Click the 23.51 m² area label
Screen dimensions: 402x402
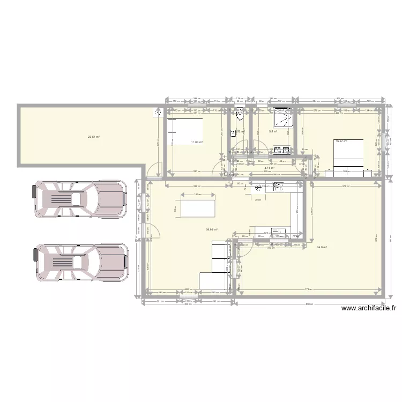click(94, 137)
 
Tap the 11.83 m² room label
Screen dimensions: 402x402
click(197, 142)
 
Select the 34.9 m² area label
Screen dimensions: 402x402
click(322, 247)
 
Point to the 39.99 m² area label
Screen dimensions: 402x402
click(211, 230)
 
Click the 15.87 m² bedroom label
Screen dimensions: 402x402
click(340, 141)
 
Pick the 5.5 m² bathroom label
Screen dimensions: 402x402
click(272, 131)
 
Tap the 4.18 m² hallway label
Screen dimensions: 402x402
click(269, 168)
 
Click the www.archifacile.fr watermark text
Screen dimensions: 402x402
click(368, 308)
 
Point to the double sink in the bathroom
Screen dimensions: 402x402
click(282, 150)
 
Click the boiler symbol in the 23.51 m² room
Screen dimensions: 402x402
click(158, 113)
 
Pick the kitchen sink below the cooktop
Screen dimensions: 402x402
click(278, 232)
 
